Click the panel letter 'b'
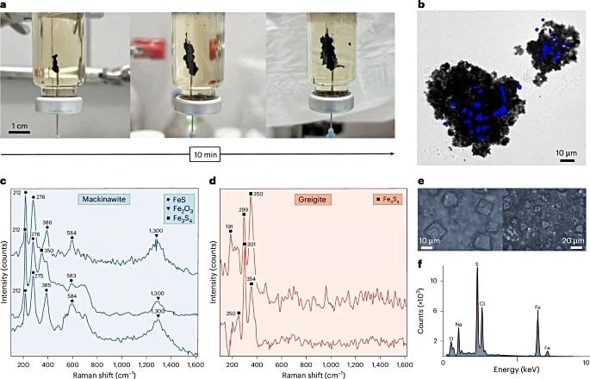tap(422, 7)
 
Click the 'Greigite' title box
tap(322, 199)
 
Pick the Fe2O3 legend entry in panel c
tap(183, 209)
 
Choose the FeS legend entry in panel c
tap(181, 198)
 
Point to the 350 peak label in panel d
tap(257, 195)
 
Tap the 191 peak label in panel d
tap(230, 227)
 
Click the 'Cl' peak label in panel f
tap(482, 281)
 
